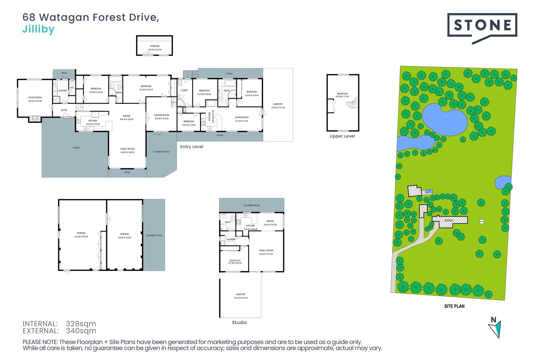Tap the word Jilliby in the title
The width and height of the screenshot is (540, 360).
(38, 29)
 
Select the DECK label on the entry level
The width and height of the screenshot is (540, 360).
(64, 73)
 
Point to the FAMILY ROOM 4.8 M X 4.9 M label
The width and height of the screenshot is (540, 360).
(127, 151)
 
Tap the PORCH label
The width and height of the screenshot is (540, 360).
(76, 148)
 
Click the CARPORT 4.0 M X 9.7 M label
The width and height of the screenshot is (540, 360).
(278, 106)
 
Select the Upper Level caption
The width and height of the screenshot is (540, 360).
(342, 136)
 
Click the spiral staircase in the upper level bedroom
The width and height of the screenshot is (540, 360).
(353, 103)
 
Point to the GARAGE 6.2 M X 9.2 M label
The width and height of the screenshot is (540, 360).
(81, 235)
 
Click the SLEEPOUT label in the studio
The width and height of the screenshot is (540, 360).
(235, 262)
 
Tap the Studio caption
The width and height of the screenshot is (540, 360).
(239, 323)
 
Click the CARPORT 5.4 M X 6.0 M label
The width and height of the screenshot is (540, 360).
(241, 296)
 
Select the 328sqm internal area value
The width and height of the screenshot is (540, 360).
(81, 324)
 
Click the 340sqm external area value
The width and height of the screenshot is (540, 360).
(81, 331)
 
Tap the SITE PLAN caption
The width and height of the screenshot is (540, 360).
(454, 306)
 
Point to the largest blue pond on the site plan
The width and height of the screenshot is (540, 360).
(445, 120)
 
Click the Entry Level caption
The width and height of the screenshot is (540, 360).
(192, 147)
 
